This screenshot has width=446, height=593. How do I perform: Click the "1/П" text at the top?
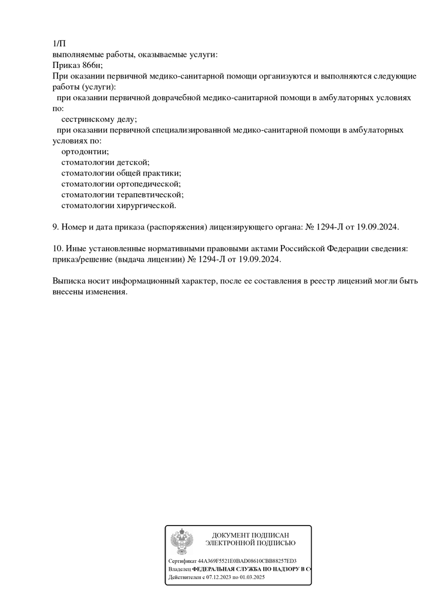(x=59, y=44)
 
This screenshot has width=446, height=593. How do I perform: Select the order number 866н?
(x=90, y=66)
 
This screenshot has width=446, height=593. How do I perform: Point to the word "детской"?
(x=133, y=162)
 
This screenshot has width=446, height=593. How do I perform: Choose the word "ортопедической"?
(x=149, y=184)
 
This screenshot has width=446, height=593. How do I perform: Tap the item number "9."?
(x=55, y=227)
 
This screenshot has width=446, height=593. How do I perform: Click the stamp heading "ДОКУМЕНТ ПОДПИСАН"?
(x=250, y=535)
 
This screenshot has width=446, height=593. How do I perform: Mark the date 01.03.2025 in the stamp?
(x=251, y=578)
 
